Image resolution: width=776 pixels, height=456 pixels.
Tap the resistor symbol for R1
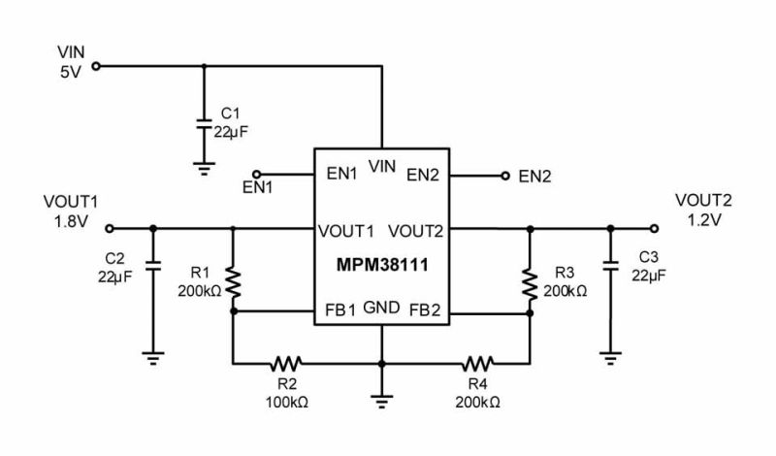233,280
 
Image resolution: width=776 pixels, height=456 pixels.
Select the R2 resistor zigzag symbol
286,364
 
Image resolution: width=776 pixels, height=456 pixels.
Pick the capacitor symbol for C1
204,124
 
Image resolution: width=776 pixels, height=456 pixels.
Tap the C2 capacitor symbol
151,265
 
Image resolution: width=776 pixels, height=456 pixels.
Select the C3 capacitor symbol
610,265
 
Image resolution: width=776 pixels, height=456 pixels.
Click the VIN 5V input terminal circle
96,67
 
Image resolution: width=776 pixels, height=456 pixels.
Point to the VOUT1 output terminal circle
108,229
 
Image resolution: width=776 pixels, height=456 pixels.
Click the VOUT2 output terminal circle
654,229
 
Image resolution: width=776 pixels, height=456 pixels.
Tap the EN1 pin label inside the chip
339,176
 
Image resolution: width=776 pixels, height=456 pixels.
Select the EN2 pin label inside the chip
424,176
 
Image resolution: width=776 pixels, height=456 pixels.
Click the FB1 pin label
340,312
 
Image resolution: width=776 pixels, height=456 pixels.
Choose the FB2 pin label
425,312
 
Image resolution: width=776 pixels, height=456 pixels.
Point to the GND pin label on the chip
381,309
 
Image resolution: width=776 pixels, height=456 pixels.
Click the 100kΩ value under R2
286,401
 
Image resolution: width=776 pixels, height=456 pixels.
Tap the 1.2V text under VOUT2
703,220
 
